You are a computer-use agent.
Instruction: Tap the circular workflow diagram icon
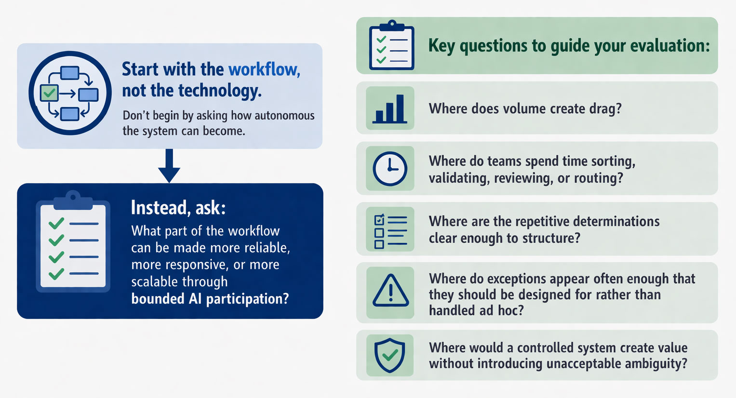[x=70, y=93]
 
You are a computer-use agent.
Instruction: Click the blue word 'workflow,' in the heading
[x=264, y=69]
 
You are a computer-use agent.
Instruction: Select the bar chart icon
[x=390, y=108]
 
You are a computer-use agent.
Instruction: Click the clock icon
[x=390, y=169]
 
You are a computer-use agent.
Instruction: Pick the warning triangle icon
[x=390, y=292]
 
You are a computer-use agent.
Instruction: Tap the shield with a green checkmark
[x=390, y=355]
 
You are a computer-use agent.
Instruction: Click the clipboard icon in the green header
[x=391, y=46]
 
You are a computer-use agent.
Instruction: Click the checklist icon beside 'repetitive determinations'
[x=390, y=229]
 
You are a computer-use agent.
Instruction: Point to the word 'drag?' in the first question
[x=605, y=109]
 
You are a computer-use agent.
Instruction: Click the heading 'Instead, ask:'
[x=178, y=208]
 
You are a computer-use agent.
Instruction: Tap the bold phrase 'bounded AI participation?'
[x=210, y=299]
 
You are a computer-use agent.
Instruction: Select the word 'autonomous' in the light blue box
[x=284, y=116]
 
